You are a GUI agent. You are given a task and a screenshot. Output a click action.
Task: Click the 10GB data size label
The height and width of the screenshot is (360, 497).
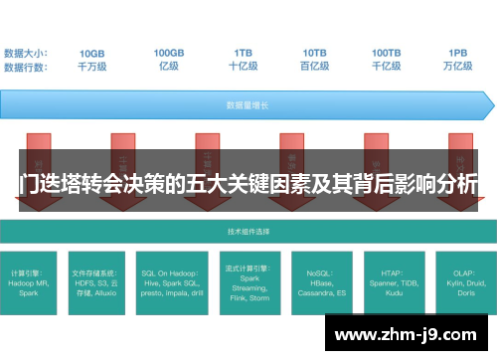coord(92,52)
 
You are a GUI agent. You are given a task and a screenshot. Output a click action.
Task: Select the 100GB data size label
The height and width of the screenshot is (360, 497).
coord(168,52)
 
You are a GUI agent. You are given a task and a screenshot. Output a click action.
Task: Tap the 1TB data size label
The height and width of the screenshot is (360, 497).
coord(243,52)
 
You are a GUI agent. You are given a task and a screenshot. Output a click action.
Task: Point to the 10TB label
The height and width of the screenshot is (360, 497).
coord(315,52)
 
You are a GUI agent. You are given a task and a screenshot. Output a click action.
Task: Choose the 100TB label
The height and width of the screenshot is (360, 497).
coord(387,52)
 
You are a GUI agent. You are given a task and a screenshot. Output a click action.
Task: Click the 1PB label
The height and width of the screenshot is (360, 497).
coord(458,52)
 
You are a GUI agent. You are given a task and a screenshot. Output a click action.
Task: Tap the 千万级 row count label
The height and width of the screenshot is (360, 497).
coord(92,66)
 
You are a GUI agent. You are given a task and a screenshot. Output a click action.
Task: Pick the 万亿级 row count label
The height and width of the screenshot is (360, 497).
coord(458,66)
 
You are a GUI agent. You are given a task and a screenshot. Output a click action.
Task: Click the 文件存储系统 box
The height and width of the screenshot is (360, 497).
coord(99,281)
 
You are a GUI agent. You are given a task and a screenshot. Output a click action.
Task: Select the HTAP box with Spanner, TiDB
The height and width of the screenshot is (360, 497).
coord(393,281)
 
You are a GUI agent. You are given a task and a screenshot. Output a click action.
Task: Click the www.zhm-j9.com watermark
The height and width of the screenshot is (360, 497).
coord(409,335)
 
